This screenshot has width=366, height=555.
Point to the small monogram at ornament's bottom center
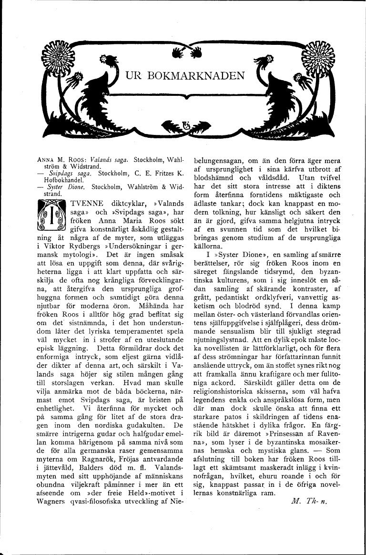(x=186, y=125)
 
